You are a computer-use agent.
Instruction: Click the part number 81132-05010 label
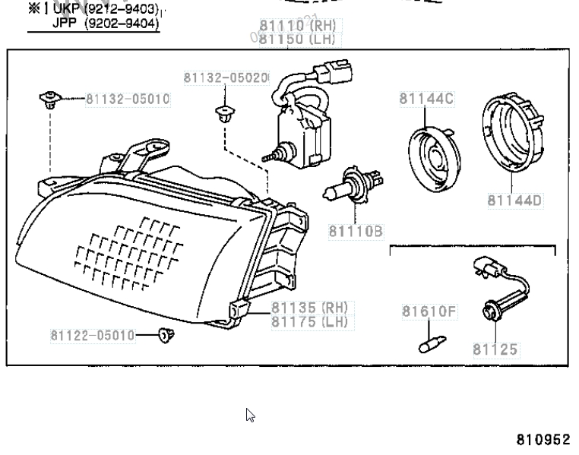[x=127, y=99]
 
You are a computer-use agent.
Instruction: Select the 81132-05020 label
[x=226, y=77]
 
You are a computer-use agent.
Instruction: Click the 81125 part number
[x=495, y=350]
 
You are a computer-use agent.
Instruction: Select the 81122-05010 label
[x=93, y=335]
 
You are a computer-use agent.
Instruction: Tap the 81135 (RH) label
[x=309, y=308]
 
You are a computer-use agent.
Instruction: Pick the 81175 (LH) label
[x=309, y=321]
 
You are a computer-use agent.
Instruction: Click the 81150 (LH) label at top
[x=297, y=38]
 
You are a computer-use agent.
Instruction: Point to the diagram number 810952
[x=543, y=440]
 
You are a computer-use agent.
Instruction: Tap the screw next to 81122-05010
[x=164, y=334]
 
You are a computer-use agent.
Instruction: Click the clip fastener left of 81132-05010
[x=48, y=98]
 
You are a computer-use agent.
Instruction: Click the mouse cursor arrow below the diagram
[x=250, y=414]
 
